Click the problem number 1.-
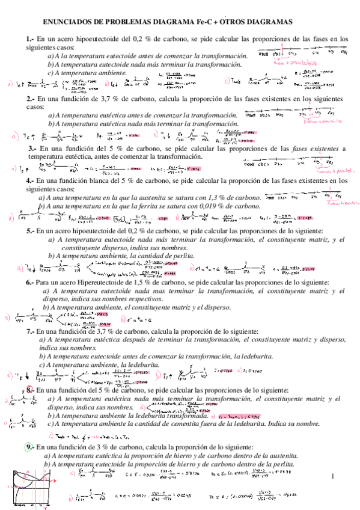coord(32,39)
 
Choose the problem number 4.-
coord(30,180)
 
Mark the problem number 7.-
coord(30,331)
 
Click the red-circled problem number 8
coord(30,390)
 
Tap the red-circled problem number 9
coord(30,447)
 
